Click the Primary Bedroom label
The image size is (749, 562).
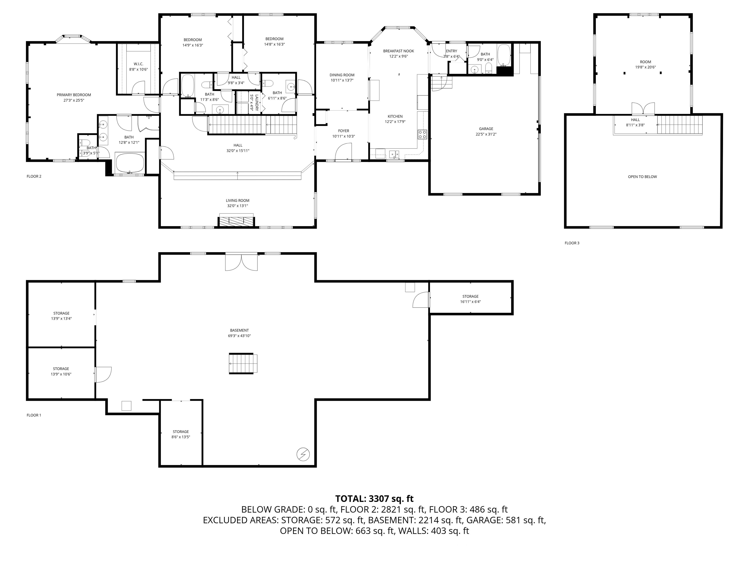[74, 95]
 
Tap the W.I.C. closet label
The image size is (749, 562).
[138, 64]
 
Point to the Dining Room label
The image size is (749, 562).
[342, 75]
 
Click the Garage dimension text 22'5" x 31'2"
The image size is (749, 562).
[486, 134]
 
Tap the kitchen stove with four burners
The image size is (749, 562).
[422, 134]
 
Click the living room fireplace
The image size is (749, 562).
[236, 221]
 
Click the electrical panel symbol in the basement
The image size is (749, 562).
[303, 454]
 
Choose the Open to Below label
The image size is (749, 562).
[642, 177]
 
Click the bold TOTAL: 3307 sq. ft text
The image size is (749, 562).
[374, 499]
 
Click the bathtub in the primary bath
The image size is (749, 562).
[130, 163]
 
